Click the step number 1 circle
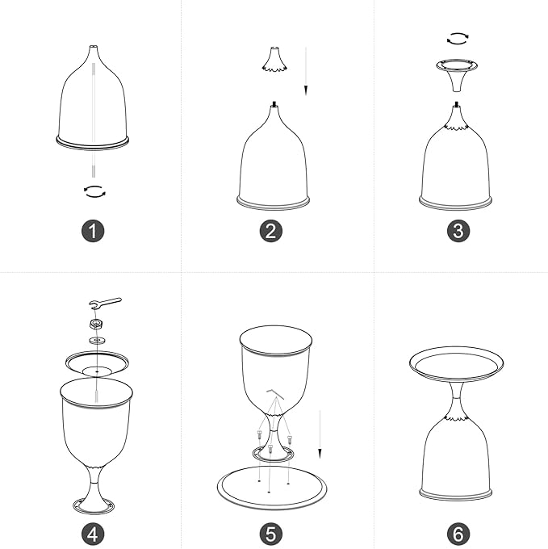[93, 231]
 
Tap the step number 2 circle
[271, 231]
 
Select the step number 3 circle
[458, 231]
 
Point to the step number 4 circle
[93, 534]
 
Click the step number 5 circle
[271, 534]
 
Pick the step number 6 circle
[458, 534]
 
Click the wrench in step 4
[105, 303]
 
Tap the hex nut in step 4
[96, 324]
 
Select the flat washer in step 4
[98, 340]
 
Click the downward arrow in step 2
[306, 71]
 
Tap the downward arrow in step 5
[320, 434]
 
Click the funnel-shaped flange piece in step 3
[457, 74]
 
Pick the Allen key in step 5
[275, 393]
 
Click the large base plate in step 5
[272, 488]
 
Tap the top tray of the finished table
[456, 364]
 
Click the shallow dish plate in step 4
[98, 364]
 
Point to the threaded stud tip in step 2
[274, 103]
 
